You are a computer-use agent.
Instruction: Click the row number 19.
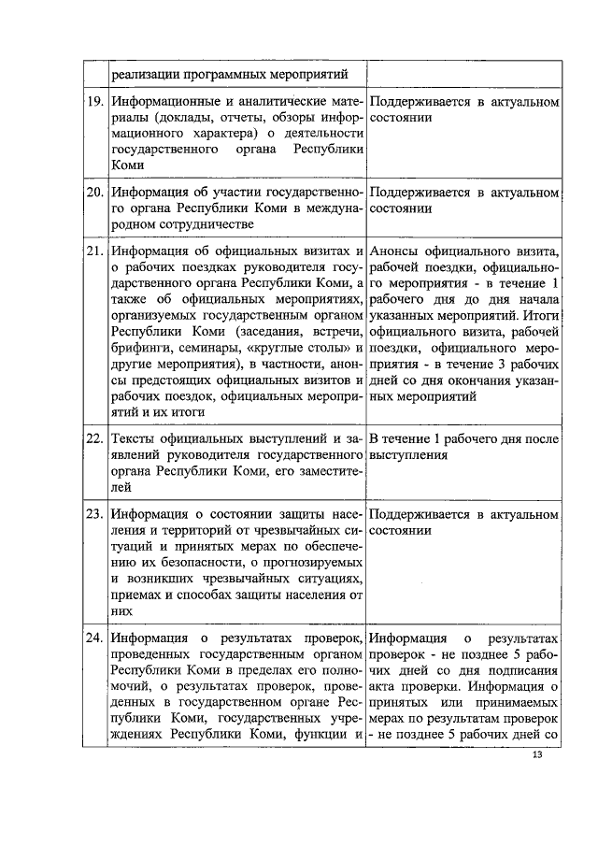coord(93,100)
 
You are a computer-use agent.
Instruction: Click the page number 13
coord(535,755)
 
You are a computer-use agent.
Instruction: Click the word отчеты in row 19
coord(249,116)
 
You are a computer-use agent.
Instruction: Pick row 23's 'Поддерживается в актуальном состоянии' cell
coord(464,523)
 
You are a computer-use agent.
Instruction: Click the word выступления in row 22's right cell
coord(408,454)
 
